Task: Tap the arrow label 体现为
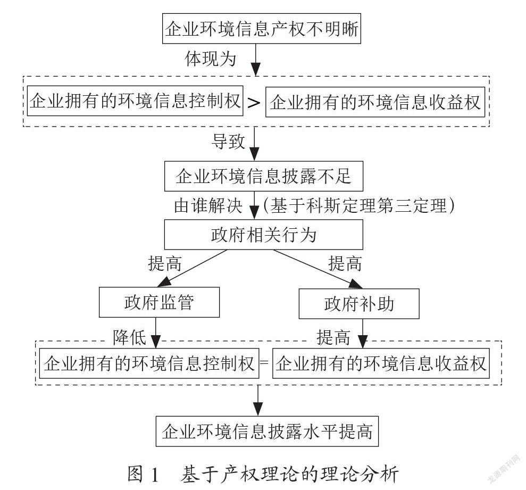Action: (211, 59)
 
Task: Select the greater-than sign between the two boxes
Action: (254, 102)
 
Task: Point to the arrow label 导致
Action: (228, 142)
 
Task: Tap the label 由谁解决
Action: (208, 205)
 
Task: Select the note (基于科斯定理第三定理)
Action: (359, 205)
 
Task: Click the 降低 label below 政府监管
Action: (129, 337)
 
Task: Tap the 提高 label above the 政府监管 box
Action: (165, 263)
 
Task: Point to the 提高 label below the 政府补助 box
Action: (333, 337)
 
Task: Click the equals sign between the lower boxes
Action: (265, 363)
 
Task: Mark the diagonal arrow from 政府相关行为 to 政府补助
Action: (318, 269)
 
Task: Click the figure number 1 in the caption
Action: (155, 475)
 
